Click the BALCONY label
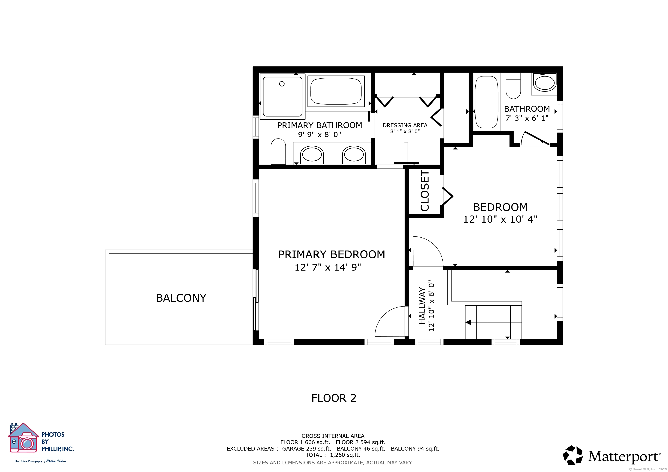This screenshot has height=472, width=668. [x=181, y=298]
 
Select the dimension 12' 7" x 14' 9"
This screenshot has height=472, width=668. [x=328, y=267]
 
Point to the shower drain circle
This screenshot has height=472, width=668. [x=282, y=84]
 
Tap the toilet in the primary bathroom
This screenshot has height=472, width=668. [x=278, y=151]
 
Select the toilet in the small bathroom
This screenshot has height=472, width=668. [x=513, y=86]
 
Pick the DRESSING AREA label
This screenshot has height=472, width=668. [x=405, y=125]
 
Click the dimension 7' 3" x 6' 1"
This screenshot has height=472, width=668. [x=527, y=118]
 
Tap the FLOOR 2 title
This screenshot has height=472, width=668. [x=334, y=398]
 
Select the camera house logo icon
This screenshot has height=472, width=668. [x=23, y=438]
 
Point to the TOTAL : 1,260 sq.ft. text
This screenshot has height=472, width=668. [x=333, y=455]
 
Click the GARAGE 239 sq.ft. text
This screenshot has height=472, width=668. [x=307, y=448]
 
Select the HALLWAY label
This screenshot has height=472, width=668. [x=422, y=306]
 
